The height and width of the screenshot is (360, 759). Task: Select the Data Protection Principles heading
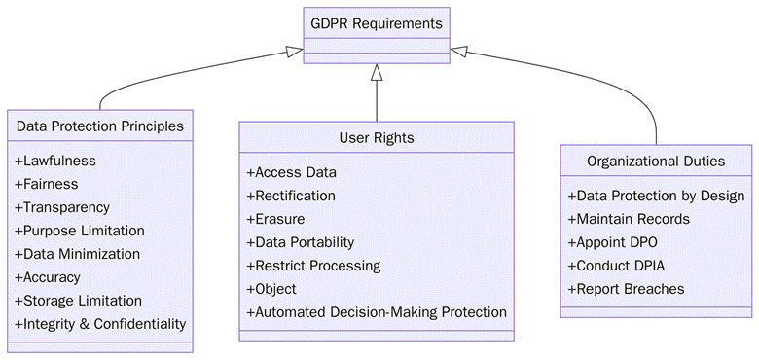click(x=100, y=126)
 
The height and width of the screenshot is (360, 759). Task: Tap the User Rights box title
click(x=376, y=138)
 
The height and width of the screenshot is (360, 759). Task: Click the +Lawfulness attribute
click(x=55, y=162)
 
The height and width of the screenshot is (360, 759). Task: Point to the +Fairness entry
click(x=47, y=184)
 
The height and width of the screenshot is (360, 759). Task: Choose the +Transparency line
click(x=62, y=207)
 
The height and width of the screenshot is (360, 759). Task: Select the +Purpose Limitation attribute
click(x=80, y=231)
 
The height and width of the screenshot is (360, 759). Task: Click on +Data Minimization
click(x=78, y=254)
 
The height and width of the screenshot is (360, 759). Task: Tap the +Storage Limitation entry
click(x=79, y=301)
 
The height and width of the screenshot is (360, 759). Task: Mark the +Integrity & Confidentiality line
click(x=100, y=324)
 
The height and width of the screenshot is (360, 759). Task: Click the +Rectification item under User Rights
click(x=291, y=196)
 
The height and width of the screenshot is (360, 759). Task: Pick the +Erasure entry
click(x=275, y=219)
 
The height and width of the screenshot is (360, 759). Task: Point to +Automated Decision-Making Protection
click(x=377, y=312)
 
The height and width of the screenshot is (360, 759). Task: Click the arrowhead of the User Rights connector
click(x=376, y=71)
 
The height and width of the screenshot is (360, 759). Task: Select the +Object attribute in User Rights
click(x=271, y=289)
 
